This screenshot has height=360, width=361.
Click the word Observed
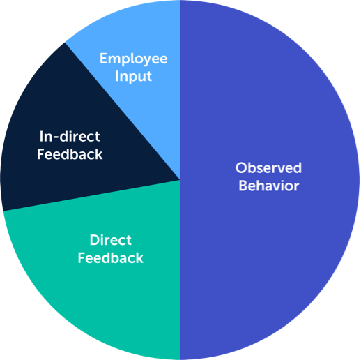(x=268, y=167)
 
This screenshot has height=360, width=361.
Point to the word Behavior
(x=269, y=186)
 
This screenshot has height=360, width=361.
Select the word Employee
(x=134, y=59)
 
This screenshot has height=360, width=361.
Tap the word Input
(x=134, y=77)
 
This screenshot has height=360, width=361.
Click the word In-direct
(x=70, y=136)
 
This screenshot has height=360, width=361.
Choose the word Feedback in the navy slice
(x=70, y=154)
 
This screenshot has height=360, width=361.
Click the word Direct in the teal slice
(x=111, y=240)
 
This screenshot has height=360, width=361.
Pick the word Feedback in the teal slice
(x=111, y=258)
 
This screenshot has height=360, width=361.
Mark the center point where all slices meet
(x=180, y=180)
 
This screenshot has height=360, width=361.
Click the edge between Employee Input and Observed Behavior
(x=180, y=90)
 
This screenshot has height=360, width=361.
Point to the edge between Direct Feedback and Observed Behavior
(x=180, y=270)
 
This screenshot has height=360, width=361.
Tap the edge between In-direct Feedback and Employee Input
(x=123, y=111)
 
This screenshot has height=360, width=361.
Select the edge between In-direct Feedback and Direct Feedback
(x=92, y=195)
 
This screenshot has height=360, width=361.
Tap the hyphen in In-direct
(x=56, y=137)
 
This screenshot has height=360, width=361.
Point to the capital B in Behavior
(x=243, y=186)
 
